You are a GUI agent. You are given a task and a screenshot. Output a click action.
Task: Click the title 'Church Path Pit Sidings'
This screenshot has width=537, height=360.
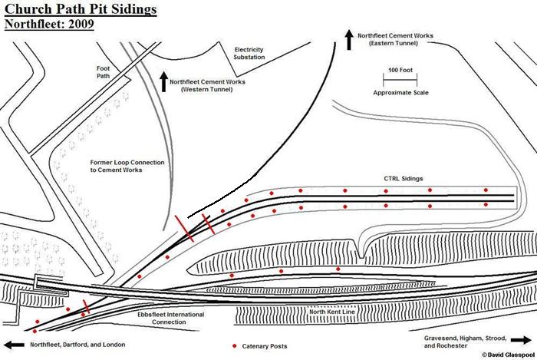(x=80, y=9)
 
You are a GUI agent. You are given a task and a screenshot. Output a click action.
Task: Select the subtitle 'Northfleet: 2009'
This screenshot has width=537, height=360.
(x=49, y=24)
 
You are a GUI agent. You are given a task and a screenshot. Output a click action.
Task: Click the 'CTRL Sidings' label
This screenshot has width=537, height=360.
(x=404, y=178)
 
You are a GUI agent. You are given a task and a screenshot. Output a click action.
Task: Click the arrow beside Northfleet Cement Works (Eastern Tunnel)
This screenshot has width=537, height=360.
(x=350, y=39)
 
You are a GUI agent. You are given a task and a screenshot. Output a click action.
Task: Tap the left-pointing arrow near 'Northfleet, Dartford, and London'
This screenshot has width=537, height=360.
(x=15, y=345)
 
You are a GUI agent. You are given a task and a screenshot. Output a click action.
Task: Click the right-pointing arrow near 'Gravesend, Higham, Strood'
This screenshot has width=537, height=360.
(x=520, y=339)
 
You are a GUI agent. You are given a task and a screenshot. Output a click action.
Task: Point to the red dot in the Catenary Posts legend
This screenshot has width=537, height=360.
(x=234, y=345)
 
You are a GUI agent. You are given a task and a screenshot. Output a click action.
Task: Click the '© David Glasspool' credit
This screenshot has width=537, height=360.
(x=508, y=355)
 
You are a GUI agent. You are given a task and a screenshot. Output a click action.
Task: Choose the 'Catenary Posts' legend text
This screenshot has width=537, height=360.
(x=265, y=346)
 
